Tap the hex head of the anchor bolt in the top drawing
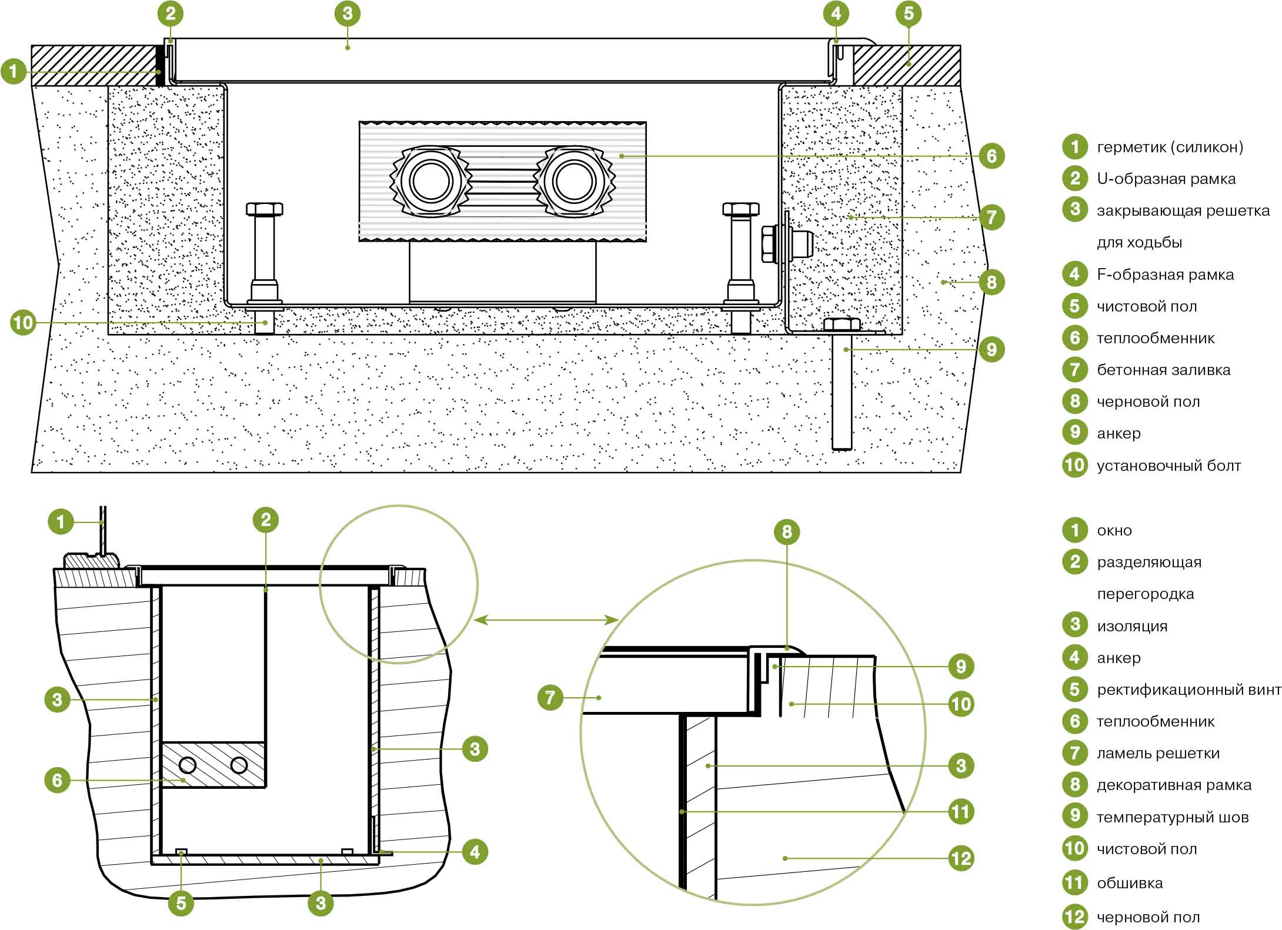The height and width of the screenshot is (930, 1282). [842, 324]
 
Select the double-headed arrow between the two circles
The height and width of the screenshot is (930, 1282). [546, 620]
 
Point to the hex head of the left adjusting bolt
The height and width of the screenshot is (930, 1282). [265, 209]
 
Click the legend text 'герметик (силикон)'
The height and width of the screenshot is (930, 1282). [1170, 147]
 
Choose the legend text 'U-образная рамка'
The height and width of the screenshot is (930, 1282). [1166, 179]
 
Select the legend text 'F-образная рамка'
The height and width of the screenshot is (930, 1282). [1165, 275]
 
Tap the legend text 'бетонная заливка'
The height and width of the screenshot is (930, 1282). [1163, 370]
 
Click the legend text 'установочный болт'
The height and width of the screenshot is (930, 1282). [1169, 466]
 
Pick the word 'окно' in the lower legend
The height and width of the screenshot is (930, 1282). [1114, 530]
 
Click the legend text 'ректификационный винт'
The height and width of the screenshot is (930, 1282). [1188, 690]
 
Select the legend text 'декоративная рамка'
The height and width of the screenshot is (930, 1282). [1174, 785]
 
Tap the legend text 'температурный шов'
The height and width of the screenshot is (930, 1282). [1173, 817]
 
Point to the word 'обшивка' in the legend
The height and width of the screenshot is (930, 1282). [1130, 883]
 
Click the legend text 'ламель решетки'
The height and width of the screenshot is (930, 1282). [1158, 753]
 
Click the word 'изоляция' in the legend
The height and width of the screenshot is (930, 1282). [1132, 626]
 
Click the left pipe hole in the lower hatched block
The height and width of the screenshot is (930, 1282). [188, 765]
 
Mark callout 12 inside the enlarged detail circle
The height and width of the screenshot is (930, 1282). [961, 858]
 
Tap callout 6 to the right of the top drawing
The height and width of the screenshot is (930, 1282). [991, 156]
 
